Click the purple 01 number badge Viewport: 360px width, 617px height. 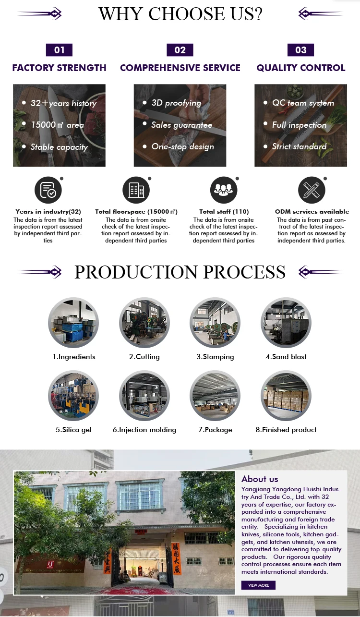pos(59,50)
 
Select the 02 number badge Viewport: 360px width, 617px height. pos(180,50)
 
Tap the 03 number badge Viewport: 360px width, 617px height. pos(300,50)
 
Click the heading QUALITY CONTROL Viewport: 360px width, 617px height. pos(301,68)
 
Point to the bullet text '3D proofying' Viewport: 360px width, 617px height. pos(176,103)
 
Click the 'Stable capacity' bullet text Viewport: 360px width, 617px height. pos(59,147)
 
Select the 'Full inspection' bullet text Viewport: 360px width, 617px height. pos(299,125)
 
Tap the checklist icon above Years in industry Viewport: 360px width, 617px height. pos(48,190)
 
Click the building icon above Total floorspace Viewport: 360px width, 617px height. pos(136,190)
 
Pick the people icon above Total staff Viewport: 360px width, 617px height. pos(224,190)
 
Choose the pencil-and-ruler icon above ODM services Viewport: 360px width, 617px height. pos(312,190)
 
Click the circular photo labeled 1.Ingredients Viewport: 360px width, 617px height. pos(73,322)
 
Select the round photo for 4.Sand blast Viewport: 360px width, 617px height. pos(286,322)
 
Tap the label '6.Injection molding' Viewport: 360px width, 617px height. pos(144,430)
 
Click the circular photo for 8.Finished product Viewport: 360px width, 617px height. pos(286,396)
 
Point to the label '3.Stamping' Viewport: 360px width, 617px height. pos(215,357)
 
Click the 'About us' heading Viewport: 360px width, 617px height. pos(260,479)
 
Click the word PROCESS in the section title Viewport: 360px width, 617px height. pos(244,272)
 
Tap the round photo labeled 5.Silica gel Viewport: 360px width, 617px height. pos(73,396)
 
